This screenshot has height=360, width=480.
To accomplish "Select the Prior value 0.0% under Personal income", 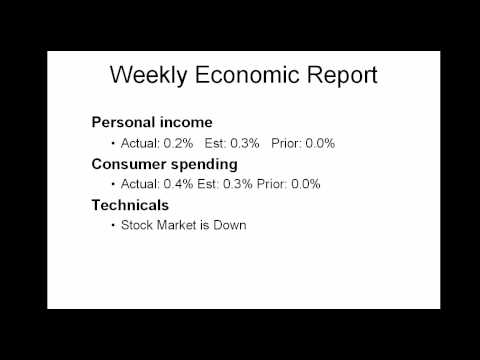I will click(319, 143).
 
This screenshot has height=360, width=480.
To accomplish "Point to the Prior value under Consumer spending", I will click(312, 184).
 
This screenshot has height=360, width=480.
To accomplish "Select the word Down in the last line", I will click(230, 225).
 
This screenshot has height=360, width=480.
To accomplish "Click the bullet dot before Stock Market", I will click(112, 225).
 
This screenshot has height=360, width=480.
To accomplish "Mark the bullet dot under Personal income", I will click(112, 143).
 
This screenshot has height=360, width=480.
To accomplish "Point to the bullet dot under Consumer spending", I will click(112, 184).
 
